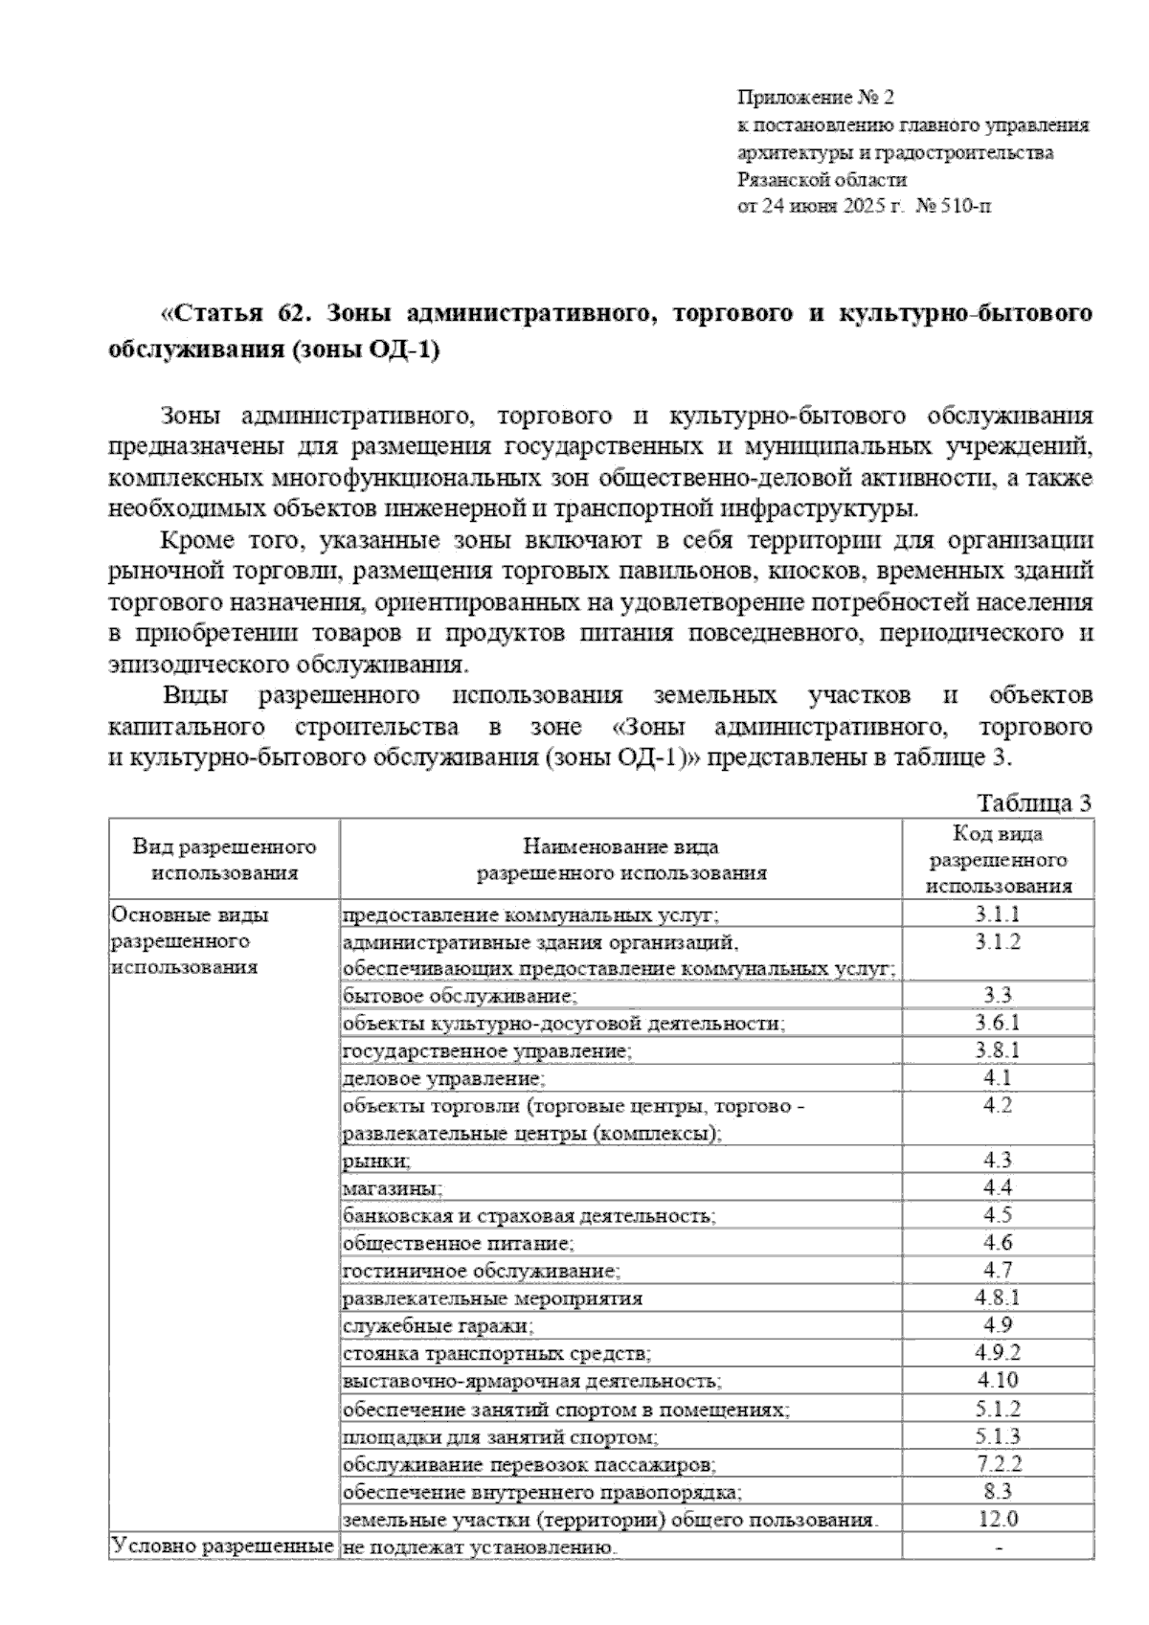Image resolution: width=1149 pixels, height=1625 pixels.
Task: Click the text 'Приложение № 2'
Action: pos(814,98)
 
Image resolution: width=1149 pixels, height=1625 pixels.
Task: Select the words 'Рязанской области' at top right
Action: pos(822,179)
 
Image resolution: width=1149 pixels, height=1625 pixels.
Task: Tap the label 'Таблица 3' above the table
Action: pos(1034,803)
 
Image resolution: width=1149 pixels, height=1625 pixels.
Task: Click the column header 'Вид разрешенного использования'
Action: pos(225,860)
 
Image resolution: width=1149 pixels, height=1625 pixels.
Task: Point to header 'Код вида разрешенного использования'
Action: pos(999,860)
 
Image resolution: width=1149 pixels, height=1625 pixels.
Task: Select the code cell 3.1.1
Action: pos(998,914)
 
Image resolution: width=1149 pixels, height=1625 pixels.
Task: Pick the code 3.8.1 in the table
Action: pos(998,1050)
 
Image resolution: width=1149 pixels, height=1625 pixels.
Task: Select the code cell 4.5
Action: pos(998,1215)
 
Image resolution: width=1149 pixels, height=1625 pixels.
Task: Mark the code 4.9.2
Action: pos(998,1353)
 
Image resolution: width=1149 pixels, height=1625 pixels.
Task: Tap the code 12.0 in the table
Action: pos(998,1519)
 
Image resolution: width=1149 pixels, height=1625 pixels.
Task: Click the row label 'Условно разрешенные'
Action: pos(222,1546)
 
